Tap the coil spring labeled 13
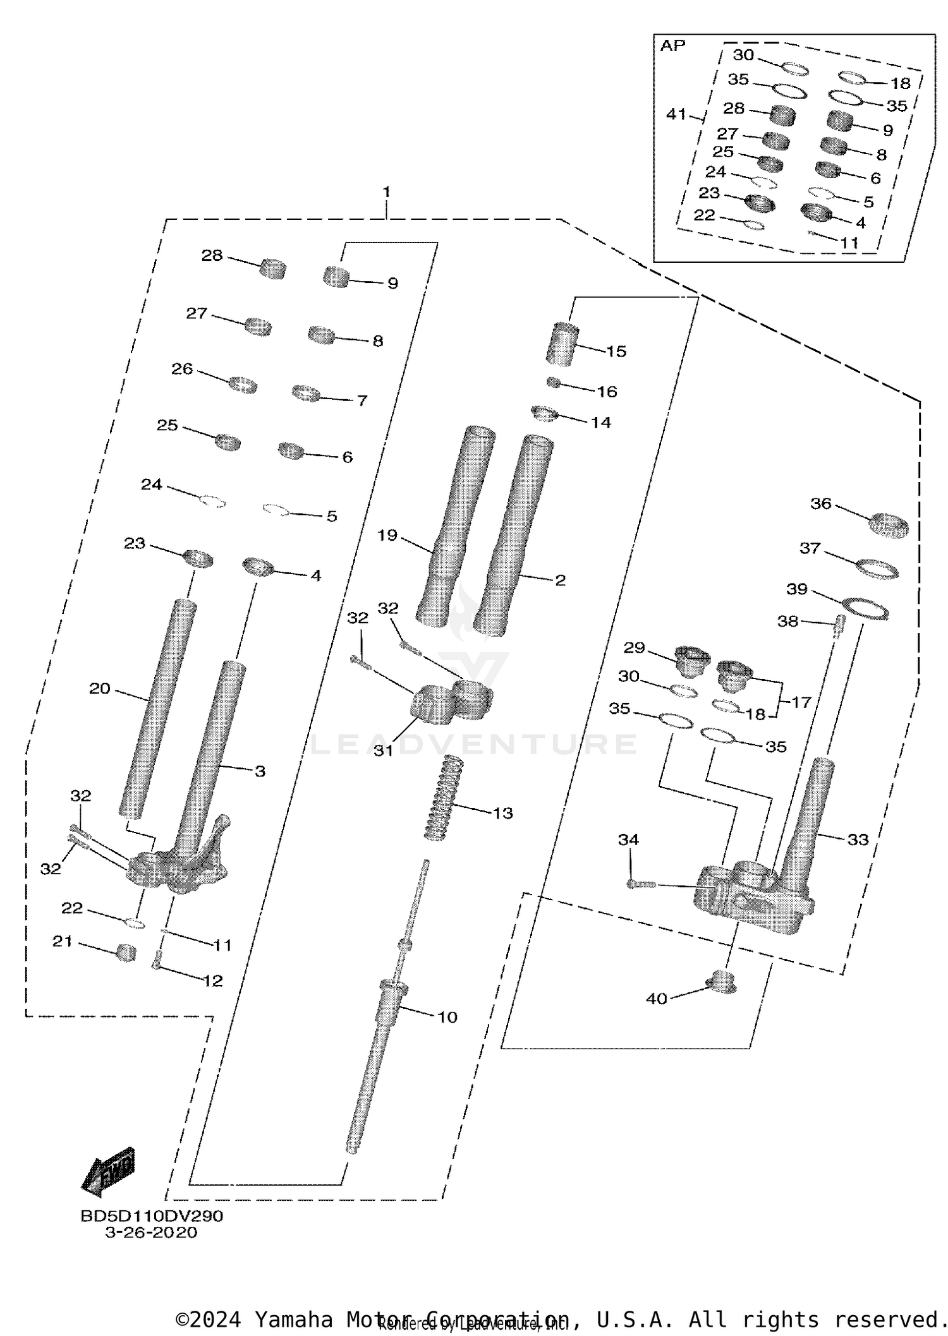coord(443,797)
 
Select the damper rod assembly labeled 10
coord(379,1036)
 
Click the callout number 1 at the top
coord(386,191)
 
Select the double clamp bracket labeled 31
coord(451,701)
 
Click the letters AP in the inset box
coord(672,45)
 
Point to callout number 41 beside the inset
coord(676,114)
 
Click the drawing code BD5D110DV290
coord(152,1216)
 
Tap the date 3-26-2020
coord(151,1232)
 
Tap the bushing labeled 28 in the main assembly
coord(273,268)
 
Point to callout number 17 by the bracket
coord(801,702)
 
